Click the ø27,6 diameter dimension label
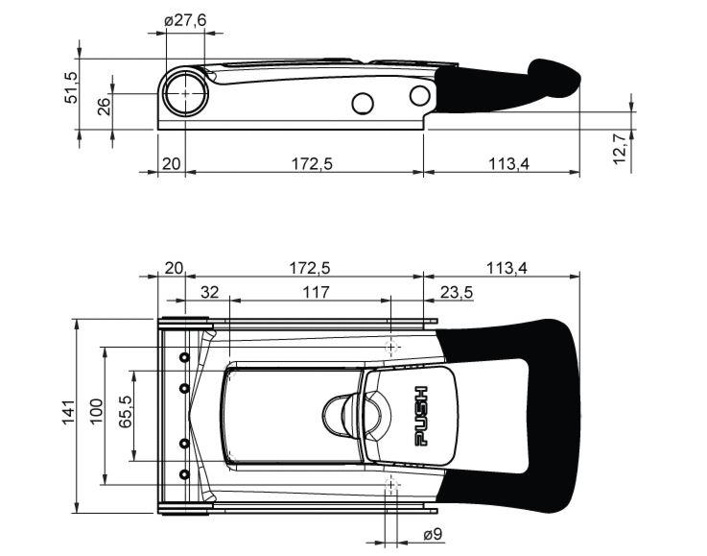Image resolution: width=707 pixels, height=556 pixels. click(185, 20)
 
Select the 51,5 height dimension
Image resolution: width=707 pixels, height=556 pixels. click(72, 87)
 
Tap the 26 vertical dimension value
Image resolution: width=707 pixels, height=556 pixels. click(104, 107)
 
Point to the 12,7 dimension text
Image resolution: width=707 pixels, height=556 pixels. click(621, 149)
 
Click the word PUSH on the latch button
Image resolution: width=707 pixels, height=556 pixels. click(421, 416)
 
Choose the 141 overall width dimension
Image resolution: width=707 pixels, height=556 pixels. click(68, 412)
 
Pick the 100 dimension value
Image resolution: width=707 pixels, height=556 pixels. click(97, 411)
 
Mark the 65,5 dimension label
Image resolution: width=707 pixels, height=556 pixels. click(125, 412)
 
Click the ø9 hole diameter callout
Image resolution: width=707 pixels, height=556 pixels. click(434, 535)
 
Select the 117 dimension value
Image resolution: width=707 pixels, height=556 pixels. click(316, 293)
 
